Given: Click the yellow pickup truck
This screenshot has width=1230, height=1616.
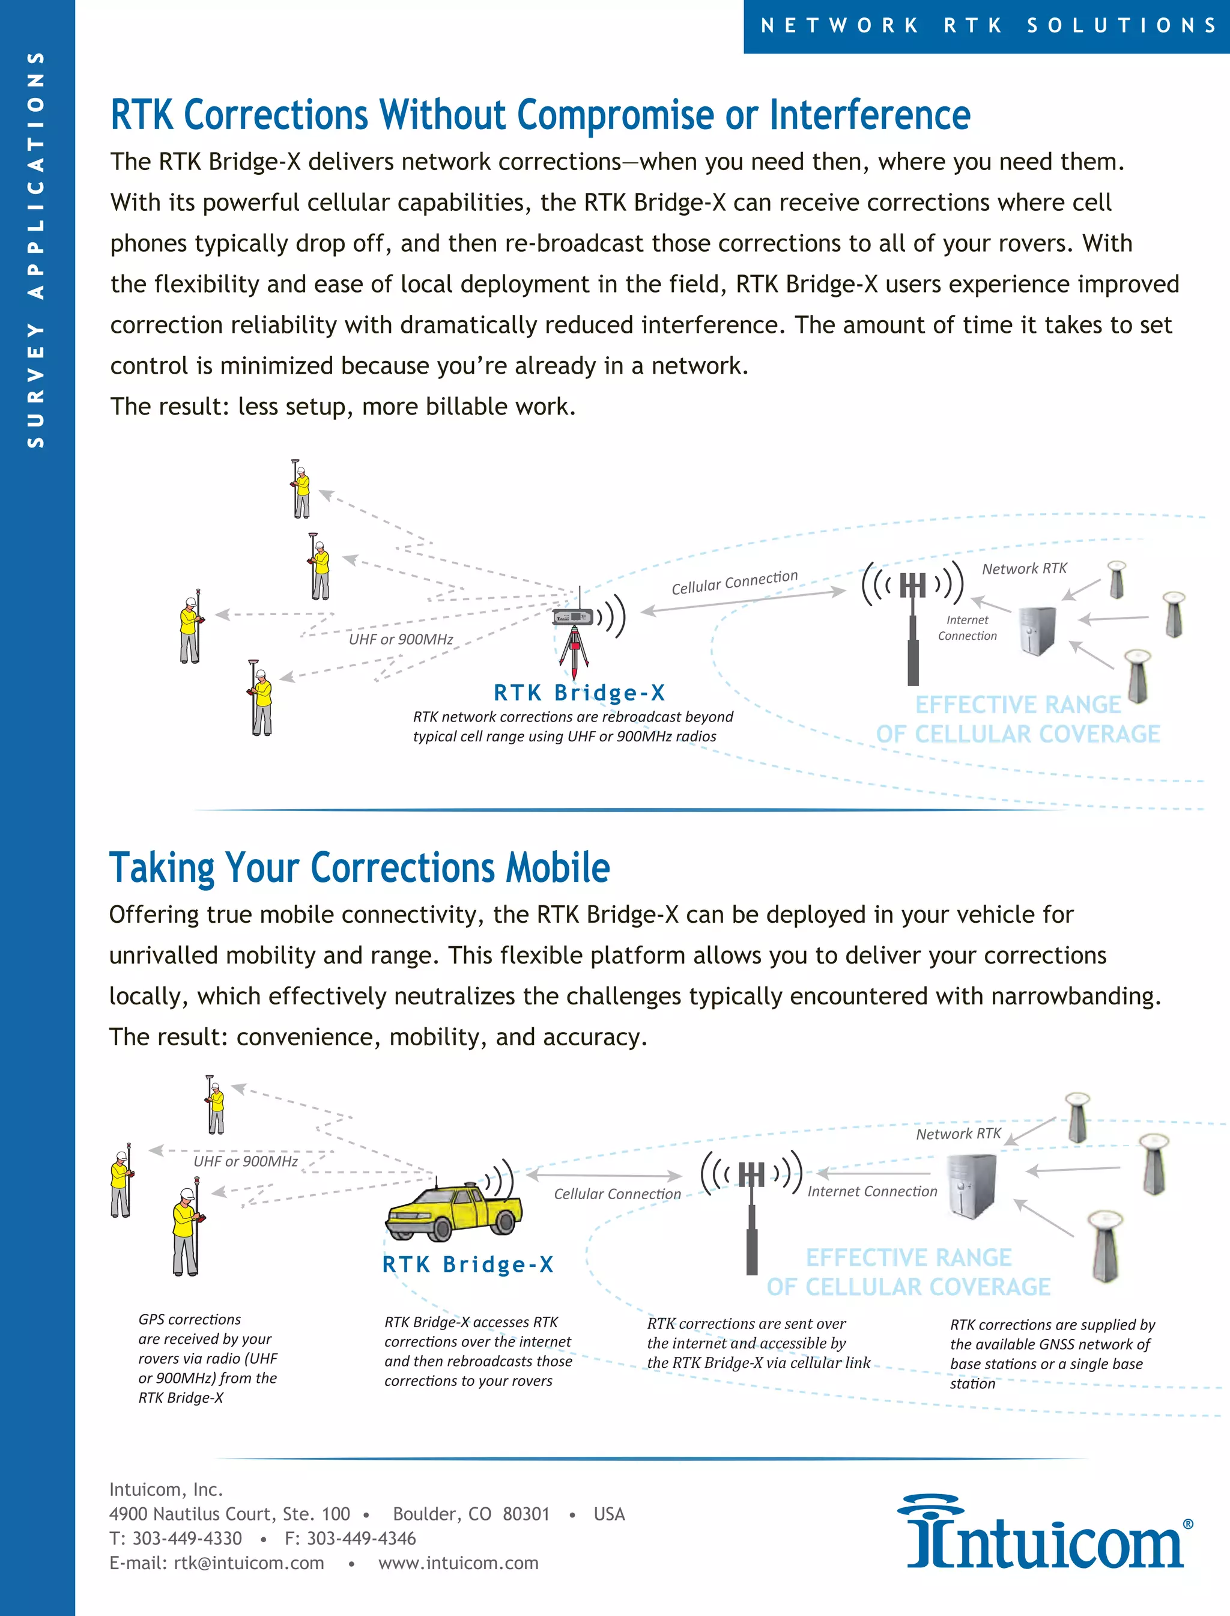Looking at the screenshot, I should pos(454,1212).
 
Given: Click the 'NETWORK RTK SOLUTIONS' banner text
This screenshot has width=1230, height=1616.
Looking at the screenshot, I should pos(989,26).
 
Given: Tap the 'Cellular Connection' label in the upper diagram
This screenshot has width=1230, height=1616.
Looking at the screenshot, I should pos(735,582).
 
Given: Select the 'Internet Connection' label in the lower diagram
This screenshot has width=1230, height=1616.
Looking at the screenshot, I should pos(872,1191).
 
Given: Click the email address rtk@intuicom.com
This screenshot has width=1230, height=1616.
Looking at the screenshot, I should pos(248,1563).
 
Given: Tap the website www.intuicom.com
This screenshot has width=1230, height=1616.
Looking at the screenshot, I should pos(458,1563).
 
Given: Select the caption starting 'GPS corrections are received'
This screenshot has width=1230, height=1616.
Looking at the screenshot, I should pos(207,1358).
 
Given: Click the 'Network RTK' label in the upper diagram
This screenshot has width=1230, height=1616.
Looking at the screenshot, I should pos(1023,569).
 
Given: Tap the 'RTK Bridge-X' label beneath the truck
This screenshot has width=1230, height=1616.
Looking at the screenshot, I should pos(468,1265).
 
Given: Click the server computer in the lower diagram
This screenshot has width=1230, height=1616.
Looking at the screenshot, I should pos(972,1186).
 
